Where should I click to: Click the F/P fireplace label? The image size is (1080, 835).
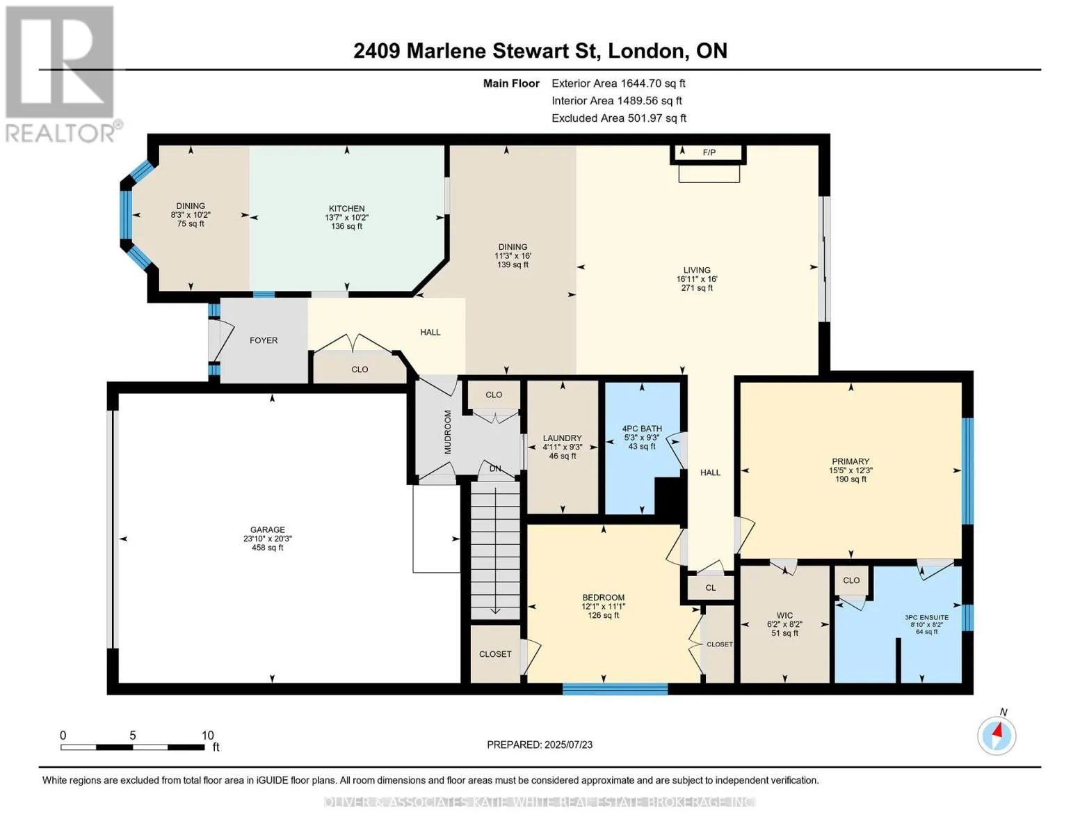click(709, 152)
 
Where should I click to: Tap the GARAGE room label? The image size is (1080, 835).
click(267, 530)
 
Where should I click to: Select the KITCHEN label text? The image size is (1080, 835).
click(346, 208)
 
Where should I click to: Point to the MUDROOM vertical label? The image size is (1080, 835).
click(447, 431)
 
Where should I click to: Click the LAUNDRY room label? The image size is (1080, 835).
click(562, 438)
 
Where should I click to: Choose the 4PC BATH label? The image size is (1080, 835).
click(642, 429)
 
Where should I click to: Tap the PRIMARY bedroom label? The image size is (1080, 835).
click(851, 461)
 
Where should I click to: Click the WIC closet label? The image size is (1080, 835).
click(784, 616)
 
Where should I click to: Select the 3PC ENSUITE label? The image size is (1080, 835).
click(926, 618)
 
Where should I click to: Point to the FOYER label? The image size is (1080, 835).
click(264, 340)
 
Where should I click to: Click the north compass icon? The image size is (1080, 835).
click(997, 735)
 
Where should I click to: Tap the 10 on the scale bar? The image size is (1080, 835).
click(208, 735)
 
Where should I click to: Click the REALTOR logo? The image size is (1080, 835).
click(61, 74)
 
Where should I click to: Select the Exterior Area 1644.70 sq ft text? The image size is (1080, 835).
click(618, 83)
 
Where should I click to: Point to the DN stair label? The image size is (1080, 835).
click(495, 468)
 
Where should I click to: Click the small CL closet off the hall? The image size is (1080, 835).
click(710, 588)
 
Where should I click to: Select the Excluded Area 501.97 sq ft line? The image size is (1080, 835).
click(619, 118)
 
